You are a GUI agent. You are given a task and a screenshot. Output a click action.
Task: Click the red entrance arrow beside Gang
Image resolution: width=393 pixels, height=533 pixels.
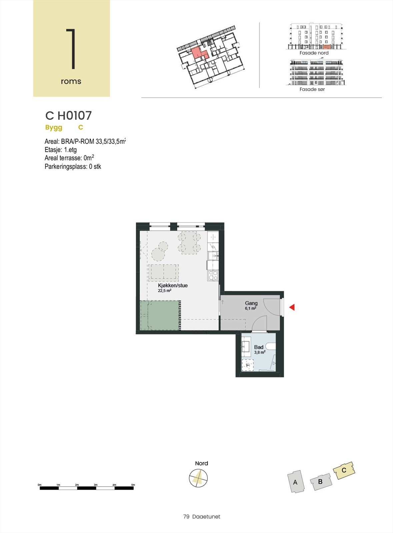[x=292, y=307]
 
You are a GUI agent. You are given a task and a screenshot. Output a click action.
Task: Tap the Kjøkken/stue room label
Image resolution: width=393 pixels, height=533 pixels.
[x=173, y=285]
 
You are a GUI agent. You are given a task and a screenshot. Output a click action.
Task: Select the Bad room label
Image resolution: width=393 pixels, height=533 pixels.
[x=259, y=347]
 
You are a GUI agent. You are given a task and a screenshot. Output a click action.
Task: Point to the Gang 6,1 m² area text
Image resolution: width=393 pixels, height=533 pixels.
[x=250, y=308]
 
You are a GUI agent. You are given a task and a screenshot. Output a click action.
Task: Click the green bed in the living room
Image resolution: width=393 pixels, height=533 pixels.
[x=160, y=315]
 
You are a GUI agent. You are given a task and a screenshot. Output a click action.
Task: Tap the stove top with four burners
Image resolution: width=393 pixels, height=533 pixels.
[x=213, y=275]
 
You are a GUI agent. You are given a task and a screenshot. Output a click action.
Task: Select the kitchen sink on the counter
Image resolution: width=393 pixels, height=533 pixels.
[x=212, y=256]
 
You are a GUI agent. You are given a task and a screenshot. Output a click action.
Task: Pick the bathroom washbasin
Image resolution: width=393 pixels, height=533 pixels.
[x=246, y=346]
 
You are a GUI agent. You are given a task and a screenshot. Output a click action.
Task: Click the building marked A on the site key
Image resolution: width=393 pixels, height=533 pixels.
[x=295, y=482]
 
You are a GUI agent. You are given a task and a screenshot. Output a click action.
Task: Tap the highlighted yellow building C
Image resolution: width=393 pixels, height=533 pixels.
[x=344, y=470]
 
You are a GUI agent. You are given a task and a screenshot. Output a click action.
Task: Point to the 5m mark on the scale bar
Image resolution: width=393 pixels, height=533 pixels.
[x=133, y=485]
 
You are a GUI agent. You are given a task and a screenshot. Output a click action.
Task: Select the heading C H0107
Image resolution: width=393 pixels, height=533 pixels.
[x=68, y=116]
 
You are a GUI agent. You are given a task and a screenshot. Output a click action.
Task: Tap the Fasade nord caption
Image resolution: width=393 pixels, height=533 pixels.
[x=314, y=53]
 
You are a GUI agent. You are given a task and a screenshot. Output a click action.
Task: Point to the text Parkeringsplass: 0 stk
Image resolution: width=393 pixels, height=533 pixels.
[x=73, y=167]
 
